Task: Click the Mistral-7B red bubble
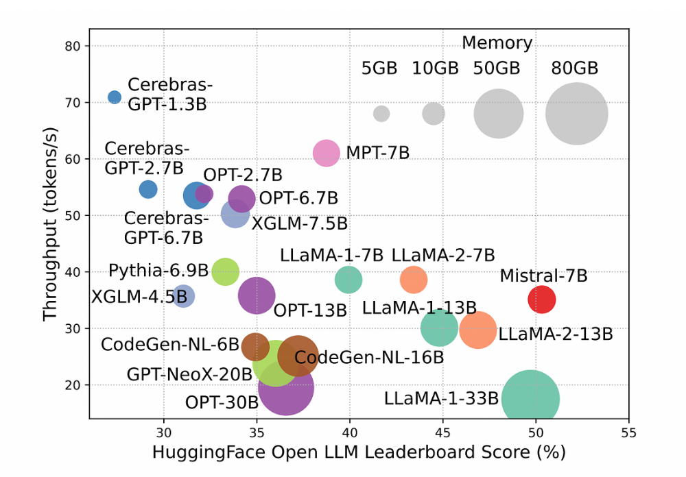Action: (541, 299)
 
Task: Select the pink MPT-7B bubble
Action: (327, 153)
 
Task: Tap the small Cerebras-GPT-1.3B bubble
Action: (115, 97)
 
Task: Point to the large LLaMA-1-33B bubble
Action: (530, 399)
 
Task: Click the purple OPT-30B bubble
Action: (286, 387)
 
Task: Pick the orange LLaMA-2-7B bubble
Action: (414, 279)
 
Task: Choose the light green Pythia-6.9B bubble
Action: (225, 271)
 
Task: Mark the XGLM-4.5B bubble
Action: (182, 296)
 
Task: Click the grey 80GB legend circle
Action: (577, 114)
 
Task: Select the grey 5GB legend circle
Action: (381, 114)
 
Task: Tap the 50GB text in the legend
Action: (497, 69)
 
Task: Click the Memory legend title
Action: (497, 43)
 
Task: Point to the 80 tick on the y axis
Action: (73, 46)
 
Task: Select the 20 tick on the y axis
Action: (73, 385)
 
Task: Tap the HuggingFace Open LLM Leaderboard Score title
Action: (359, 453)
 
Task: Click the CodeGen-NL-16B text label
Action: (369, 357)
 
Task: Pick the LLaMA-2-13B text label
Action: (556, 334)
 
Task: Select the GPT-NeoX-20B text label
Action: (189, 375)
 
